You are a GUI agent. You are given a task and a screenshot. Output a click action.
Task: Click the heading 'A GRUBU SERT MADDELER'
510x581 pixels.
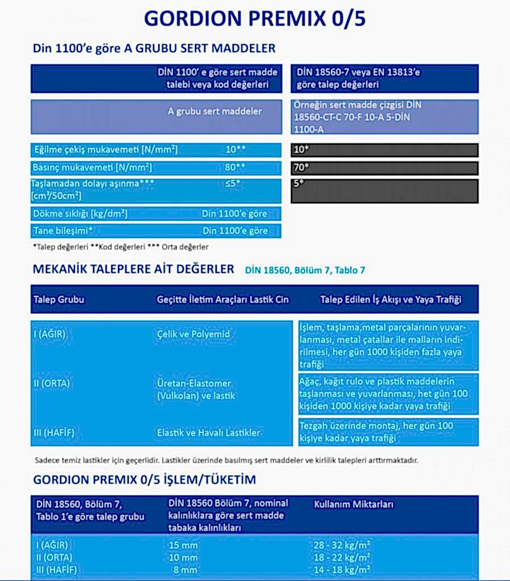154,48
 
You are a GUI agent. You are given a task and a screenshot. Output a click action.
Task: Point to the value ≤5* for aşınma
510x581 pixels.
232,184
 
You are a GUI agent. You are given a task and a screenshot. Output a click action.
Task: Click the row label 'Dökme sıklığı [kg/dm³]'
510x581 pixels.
80,214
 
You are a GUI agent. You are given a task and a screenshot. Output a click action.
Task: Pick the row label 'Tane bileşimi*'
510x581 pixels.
63,230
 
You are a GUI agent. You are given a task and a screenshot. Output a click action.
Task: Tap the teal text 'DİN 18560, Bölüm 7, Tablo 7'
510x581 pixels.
305,270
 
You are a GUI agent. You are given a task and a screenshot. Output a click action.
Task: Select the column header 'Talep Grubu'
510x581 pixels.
59,300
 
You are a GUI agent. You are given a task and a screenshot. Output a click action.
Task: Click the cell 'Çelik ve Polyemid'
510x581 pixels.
193,334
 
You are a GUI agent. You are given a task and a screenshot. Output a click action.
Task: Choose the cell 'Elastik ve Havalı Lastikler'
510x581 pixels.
208,432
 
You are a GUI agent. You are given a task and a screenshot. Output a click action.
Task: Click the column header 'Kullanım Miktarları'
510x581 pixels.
354,504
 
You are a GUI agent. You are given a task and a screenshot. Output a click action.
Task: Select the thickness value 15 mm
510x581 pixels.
183,546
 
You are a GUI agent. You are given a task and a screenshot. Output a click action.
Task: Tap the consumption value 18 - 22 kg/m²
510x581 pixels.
342,558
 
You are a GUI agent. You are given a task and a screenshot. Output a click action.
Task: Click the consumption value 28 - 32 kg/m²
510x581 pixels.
342,546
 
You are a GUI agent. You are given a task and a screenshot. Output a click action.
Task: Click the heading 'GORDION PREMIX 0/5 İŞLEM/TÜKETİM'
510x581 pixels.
145,479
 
